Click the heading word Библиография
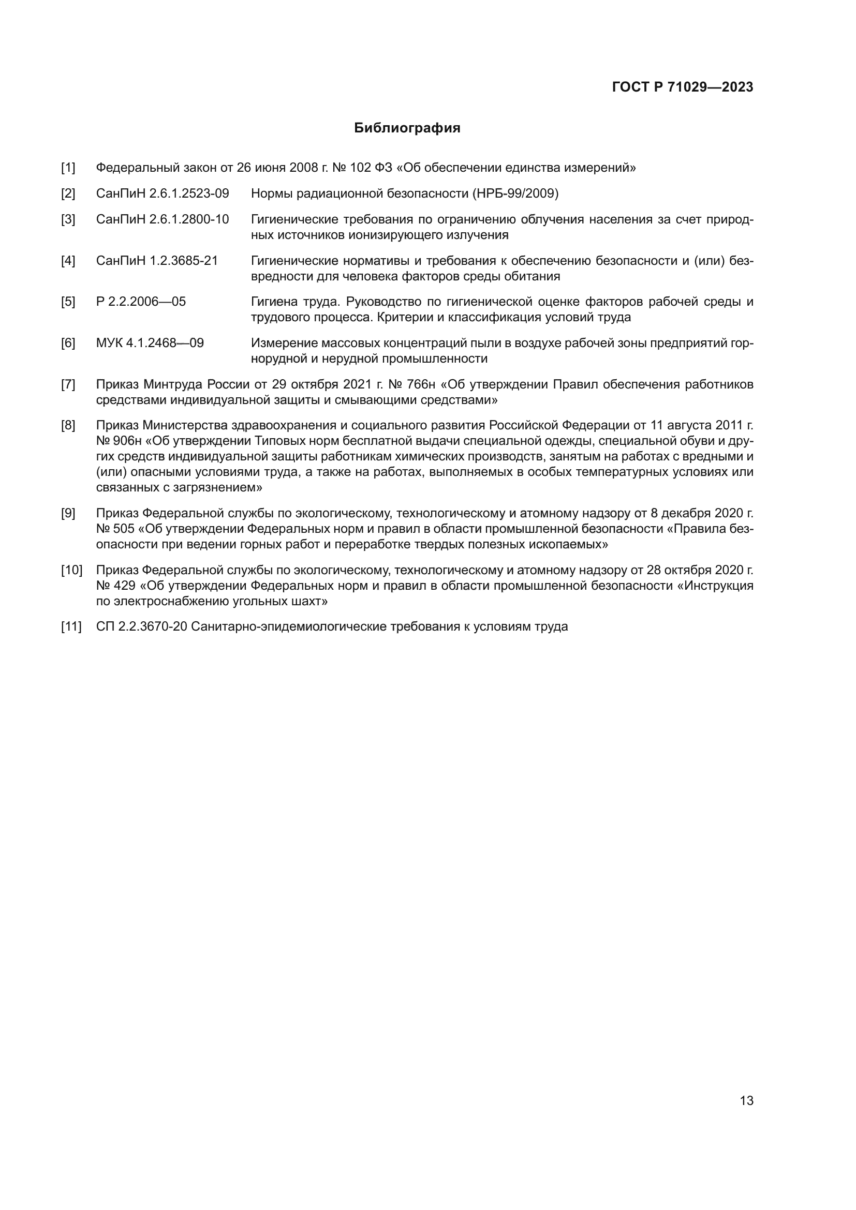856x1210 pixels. click(407, 128)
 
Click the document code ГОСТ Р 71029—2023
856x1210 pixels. click(683, 87)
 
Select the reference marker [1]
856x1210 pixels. click(68, 168)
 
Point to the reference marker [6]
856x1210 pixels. click(68, 343)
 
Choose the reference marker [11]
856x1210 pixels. click(71, 627)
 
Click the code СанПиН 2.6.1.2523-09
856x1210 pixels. click(163, 194)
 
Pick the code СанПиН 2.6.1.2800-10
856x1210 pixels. click(163, 220)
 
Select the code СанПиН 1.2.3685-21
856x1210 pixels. click(157, 261)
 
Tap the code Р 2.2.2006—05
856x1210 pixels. click(141, 302)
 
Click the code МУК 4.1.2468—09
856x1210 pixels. click(150, 343)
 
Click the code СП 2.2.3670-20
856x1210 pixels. click(142, 627)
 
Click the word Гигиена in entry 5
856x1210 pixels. click(274, 302)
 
